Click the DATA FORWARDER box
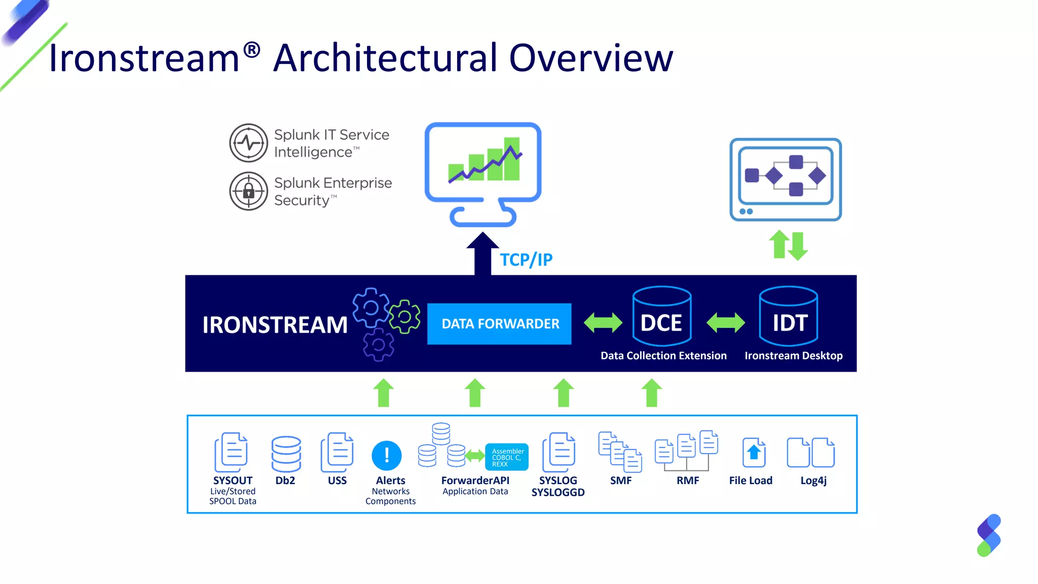click(x=499, y=324)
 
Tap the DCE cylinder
click(x=661, y=316)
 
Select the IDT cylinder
click(x=788, y=316)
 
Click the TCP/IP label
click(x=526, y=260)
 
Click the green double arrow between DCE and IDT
click(x=725, y=322)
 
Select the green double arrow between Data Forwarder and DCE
click(x=603, y=323)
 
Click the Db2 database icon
click(x=286, y=454)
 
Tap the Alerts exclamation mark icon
click(x=387, y=455)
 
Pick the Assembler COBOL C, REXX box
click(x=507, y=457)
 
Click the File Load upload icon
click(x=754, y=453)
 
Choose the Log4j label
click(x=813, y=481)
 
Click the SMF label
click(x=621, y=481)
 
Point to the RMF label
click(x=688, y=481)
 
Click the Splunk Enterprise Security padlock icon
click(x=248, y=191)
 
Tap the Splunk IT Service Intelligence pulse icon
click(x=248, y=143)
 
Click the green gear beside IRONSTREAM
click(x=405, y=317)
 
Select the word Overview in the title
click(x=591, y=58)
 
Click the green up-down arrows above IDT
click(x=788, y=246)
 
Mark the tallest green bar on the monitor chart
click(x=512, y=159)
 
